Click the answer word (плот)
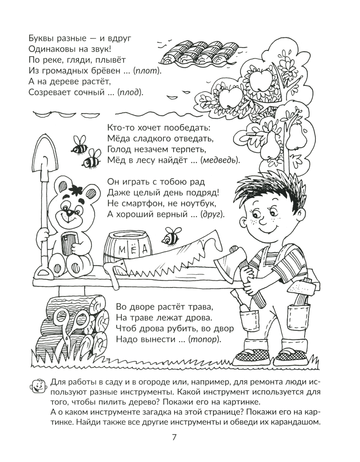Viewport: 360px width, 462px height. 146,71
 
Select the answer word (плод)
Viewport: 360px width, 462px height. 130,92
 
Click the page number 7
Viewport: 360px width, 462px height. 175,438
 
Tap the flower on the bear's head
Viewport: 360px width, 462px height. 76,190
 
